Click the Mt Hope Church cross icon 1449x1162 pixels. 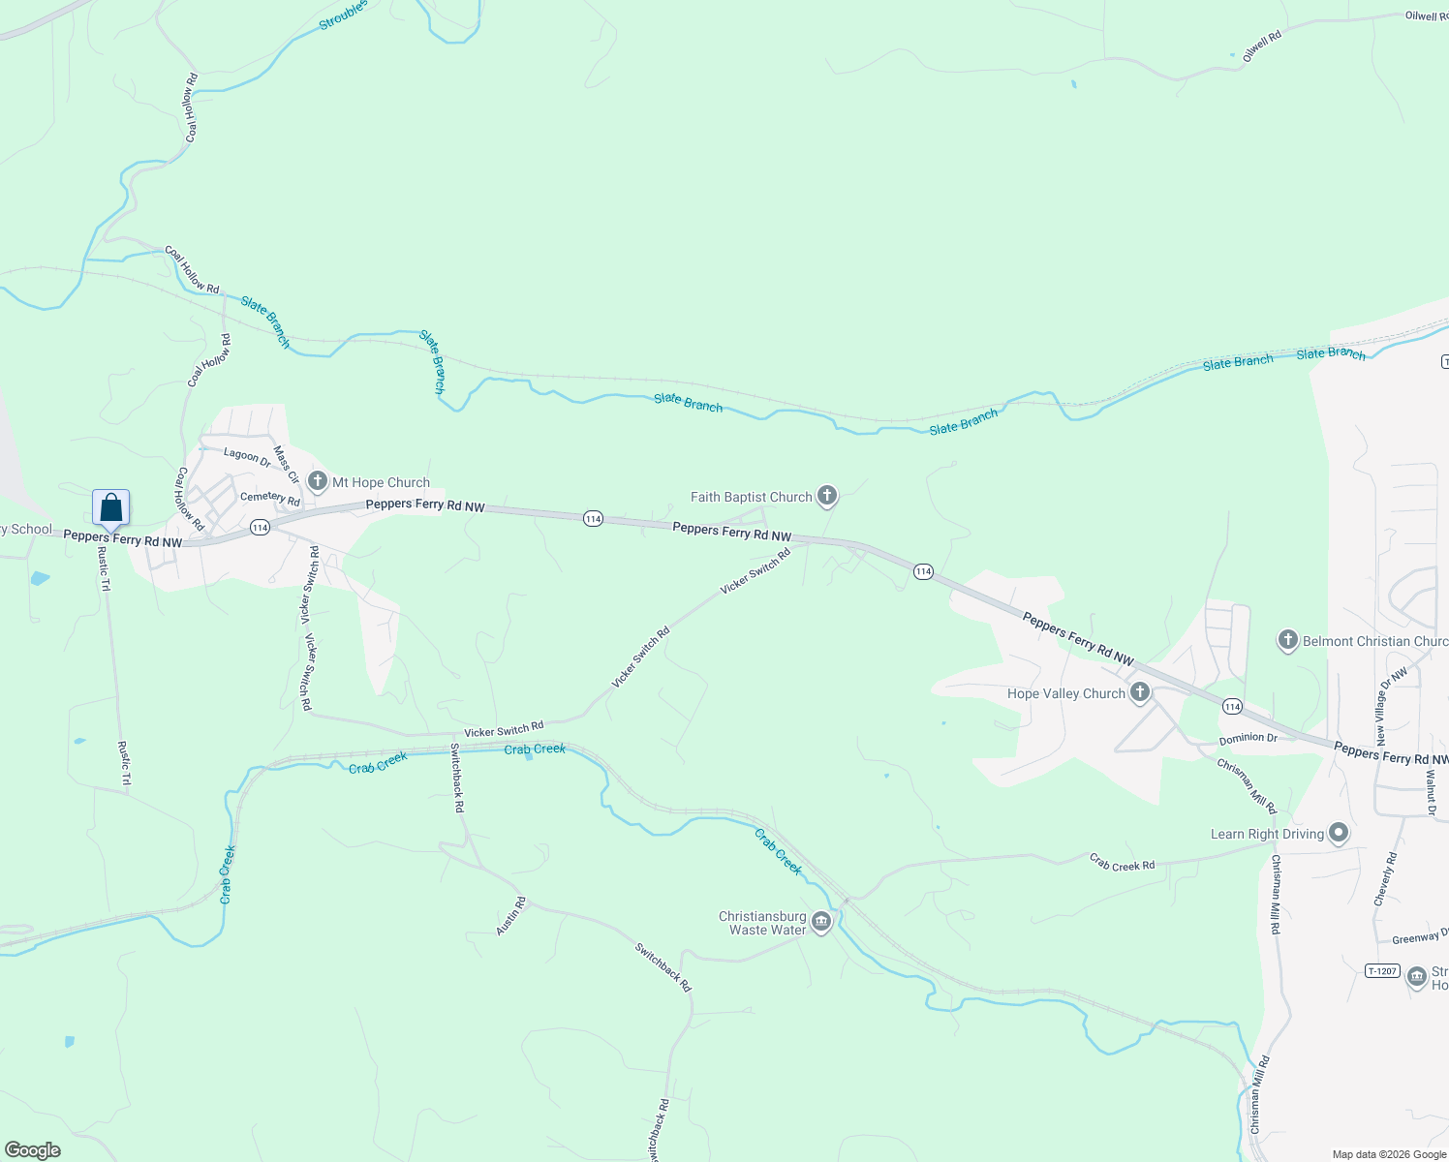point(318,481)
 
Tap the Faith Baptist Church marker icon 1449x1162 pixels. point(826,497)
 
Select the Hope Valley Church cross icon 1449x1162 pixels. point(1140,692)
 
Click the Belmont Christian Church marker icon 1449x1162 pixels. point(1287,640)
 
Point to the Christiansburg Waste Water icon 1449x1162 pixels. point(821,922)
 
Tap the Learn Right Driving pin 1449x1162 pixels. point(1339,833)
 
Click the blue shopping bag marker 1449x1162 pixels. point(111,507)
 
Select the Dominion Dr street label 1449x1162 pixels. point(1248,738)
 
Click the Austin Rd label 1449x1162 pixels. point(511,916)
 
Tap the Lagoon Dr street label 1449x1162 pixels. point(247,456)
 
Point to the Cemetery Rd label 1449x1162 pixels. point(270,498)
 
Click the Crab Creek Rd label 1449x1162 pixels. point(1122,863)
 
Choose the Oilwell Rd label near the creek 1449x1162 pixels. point(1262,46)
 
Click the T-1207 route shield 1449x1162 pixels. point(1382,970)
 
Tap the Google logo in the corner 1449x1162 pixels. point(33,1150)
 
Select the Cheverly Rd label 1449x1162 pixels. point(1386,879)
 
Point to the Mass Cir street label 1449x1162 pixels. point(286,464)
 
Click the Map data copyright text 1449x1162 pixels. point(1389,1154)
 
